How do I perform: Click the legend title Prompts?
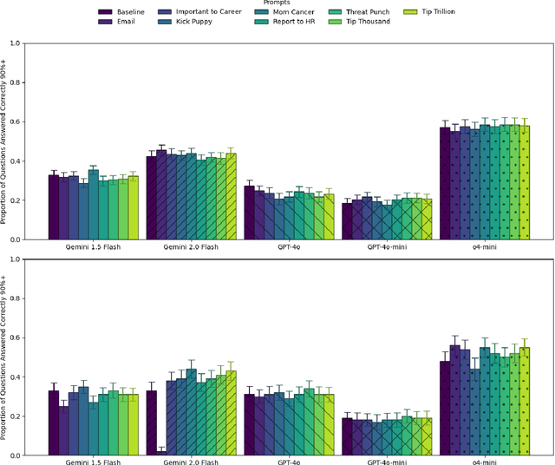coord(277,3)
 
